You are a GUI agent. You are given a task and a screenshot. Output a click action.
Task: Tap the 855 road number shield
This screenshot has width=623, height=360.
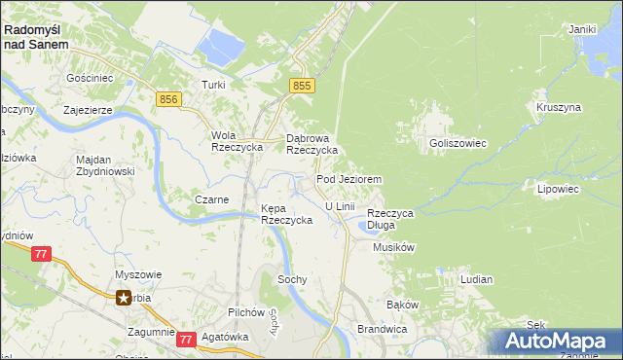click(302, 87)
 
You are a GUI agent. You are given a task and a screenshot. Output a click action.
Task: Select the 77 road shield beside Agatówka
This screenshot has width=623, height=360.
click(186, 339)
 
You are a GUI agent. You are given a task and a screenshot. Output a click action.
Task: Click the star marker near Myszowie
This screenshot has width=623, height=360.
click(124, 299)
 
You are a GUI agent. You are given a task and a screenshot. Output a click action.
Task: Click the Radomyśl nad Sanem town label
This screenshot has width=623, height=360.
click(37, 37)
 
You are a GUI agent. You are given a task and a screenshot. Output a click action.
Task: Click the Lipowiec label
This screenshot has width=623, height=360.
click(558, 189)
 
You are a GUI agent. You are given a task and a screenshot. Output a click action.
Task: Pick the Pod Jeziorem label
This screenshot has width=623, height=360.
click(348, 180)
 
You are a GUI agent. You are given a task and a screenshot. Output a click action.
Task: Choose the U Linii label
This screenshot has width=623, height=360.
click(340, 206)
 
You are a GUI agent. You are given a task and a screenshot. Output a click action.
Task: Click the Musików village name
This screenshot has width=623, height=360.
click(394, 247)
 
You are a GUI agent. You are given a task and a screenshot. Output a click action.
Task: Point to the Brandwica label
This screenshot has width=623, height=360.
click(381, 330)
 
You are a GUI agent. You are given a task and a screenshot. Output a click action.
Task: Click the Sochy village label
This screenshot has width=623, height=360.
click(292, 279)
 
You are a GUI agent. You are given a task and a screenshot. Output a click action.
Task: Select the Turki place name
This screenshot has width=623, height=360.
click(213, 85)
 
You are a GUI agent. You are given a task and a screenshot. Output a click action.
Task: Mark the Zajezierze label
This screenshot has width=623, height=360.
click(89, 110)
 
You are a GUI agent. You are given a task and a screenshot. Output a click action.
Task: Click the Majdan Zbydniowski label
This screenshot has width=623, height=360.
click(107, 165)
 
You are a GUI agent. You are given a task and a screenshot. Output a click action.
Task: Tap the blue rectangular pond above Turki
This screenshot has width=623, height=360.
click(220, 44)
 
